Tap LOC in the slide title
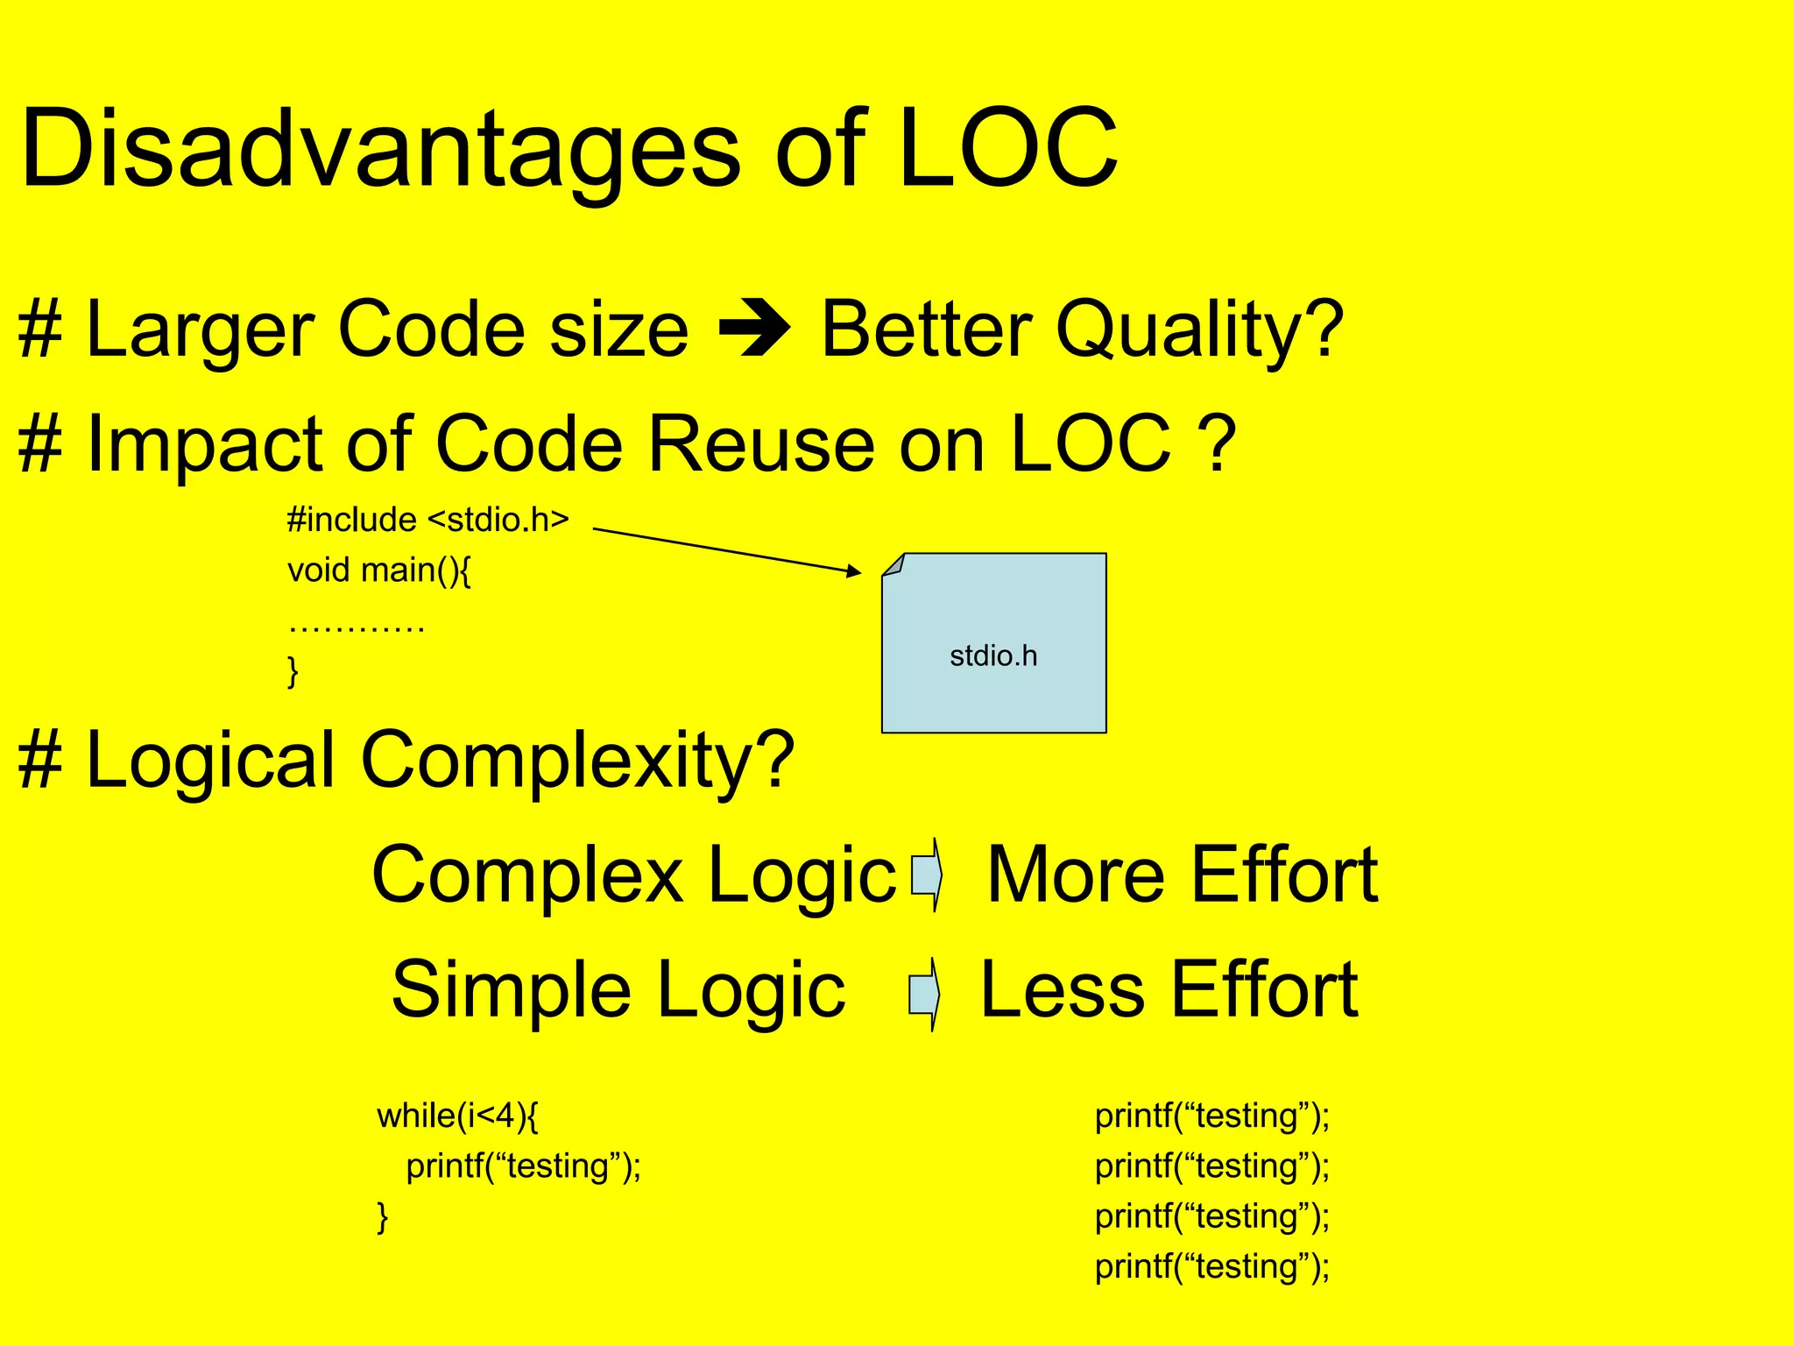click(1007, 149)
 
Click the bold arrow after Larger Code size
click(754, 330)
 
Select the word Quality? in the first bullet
click(1199, 330)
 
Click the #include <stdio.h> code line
click(427, 520)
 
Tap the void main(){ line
click(379, 570)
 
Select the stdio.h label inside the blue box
click(993, 655)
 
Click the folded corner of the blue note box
click(893, 565)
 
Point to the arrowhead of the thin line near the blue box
click(854, 571)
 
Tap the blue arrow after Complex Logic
click(927, 874)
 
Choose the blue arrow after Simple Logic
click(925, 993)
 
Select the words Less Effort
click(1169, 990)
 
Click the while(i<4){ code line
click(457, 1116)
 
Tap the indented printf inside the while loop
click(523, 1166)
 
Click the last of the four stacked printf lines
click(1211, 1266)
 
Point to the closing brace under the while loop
click(382, 1216)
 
